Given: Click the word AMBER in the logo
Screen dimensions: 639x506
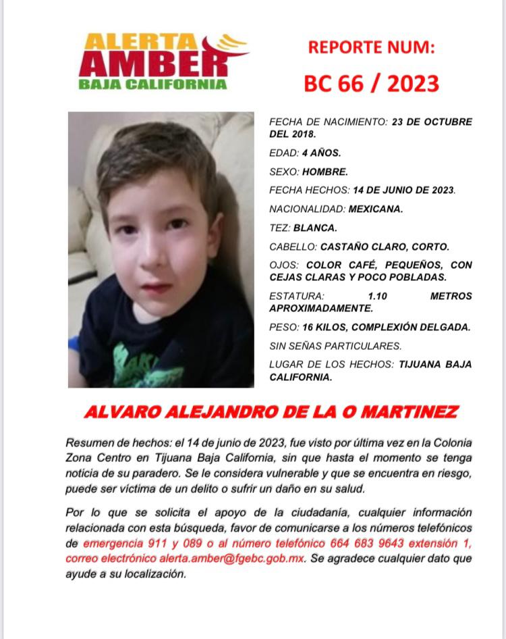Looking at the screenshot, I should pyautogui.click(x=152, y=63).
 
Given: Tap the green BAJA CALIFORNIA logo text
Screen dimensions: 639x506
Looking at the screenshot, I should pyautogui.click(x=152, y=85).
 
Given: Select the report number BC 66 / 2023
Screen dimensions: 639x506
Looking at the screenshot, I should pyautogui.click(x=371, y=84).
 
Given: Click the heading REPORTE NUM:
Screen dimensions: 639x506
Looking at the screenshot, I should pyautogui.click(x=371, y=47).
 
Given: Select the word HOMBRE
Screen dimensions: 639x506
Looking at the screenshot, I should pyautogui.click(x=325, y=172).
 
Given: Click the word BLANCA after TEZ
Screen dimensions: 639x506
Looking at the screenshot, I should pyautogui.click(x=316, y=228).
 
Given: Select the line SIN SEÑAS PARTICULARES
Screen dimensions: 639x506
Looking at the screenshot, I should pyautogui.click(x=335, y=347).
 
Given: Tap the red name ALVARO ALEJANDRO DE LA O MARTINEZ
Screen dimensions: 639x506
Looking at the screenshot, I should pyautogui.click(x=271, y=412).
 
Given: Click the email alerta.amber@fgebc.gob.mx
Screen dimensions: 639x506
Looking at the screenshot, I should pyautogui.click(x=231, y=559).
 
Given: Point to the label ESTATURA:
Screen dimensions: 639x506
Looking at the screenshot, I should pyautogui.click(x=296, y=296).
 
